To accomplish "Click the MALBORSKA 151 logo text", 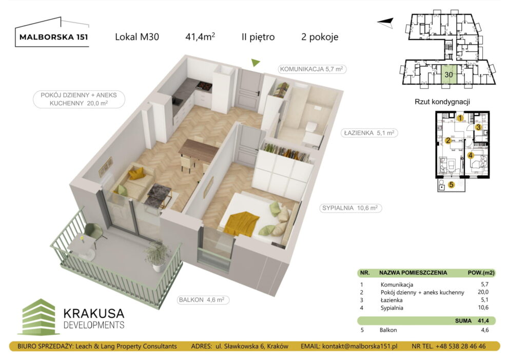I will [x=51, y=37].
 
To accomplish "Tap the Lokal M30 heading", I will [x=137, y=37].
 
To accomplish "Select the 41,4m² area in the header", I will [x=200, y=36].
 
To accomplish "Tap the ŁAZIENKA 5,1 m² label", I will [x=369, y=132].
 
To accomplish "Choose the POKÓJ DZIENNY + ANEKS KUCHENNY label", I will [x=71, y=99].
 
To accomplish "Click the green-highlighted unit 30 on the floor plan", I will [x=448, y=74].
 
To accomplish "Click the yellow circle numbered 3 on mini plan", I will [x=477, y=127].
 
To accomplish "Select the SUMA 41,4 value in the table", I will [x=480, y=320].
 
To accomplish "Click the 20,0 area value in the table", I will [x=480, y=292].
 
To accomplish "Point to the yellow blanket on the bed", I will [x=243, y=222].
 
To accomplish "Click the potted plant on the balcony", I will [x=157, y=254].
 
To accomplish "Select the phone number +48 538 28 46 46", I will [x=461, y=347].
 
